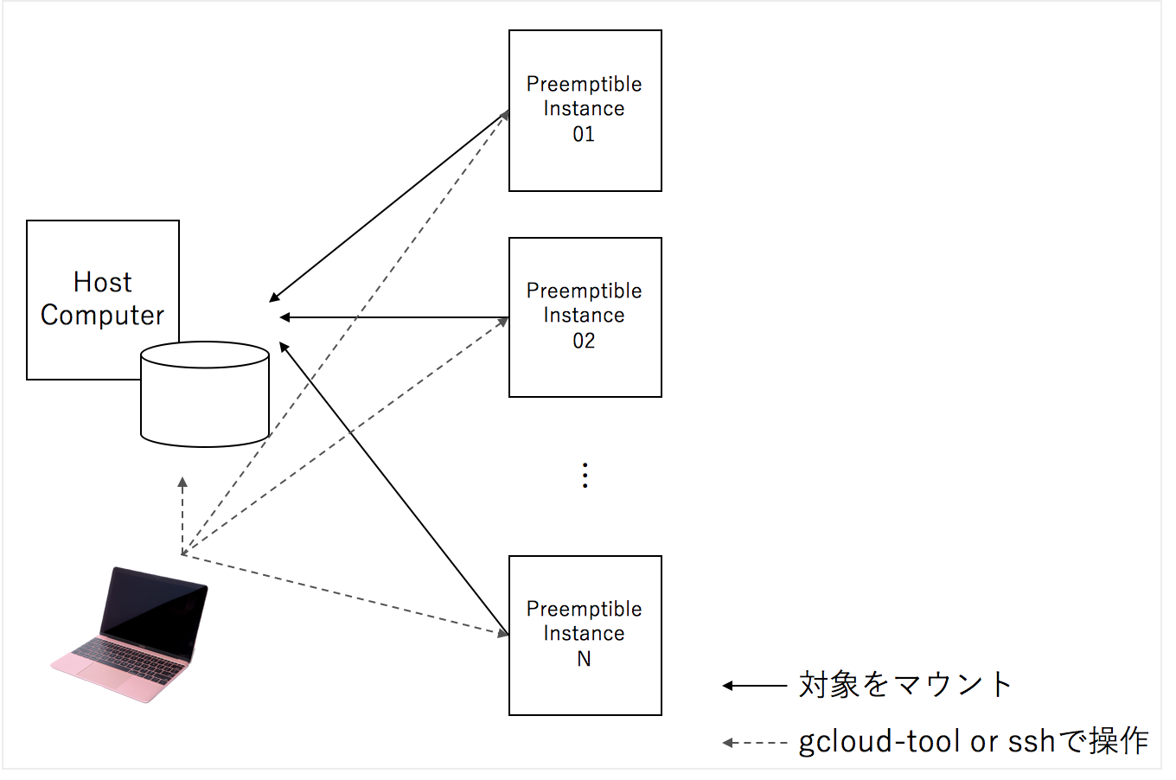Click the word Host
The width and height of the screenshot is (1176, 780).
[x=102, y=282]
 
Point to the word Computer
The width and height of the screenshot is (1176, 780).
[x=102, y=316]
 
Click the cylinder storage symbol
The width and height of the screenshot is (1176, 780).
[x=205, y=394]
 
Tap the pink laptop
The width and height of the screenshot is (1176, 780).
[x=130, y=635]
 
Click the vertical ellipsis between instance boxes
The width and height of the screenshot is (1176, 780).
[x=585, y=476]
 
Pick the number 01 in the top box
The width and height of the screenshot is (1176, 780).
[x=584, y=134]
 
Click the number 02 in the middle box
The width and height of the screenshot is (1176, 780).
[x=584, y=342]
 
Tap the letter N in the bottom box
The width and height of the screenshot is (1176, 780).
[x=584, y=659]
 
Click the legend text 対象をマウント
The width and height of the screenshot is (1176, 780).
[x=905, y=685]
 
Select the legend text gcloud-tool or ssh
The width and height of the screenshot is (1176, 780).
[x=927, y=742]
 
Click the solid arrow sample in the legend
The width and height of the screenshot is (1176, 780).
[x=754, y=686]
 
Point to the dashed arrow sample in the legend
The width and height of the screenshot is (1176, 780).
[x=754, y=743]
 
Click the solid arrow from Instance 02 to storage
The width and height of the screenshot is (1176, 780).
[x=394, y=317]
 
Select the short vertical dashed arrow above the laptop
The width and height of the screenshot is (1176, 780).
[x=182, y=515]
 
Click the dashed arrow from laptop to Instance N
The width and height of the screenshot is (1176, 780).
[x=345, y=595]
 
